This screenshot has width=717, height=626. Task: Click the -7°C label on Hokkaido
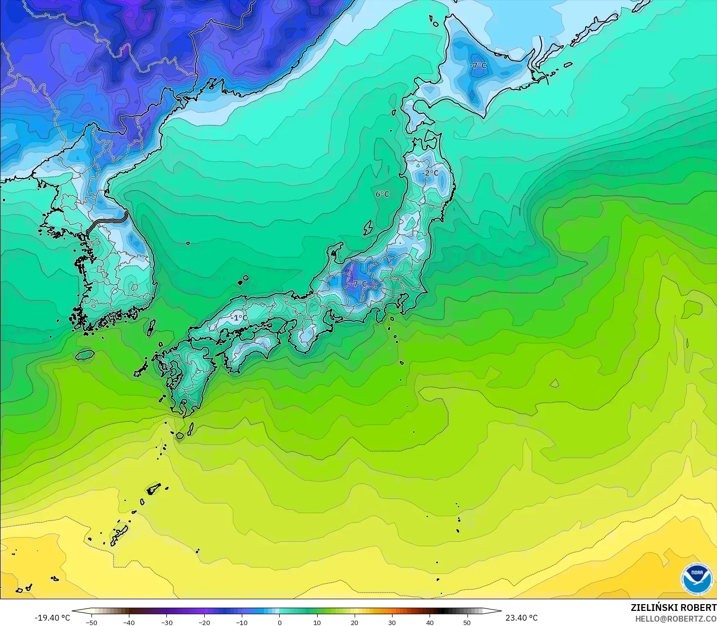(x=478, y=65)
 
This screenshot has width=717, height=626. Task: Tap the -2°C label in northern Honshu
(x=430, y=173)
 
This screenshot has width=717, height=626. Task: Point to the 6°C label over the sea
(x=382, y=194)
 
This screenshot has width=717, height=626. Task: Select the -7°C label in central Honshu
(x=359, y=284)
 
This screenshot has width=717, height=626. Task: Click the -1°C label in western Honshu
(x=238, y=318)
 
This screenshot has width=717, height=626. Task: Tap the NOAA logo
(x=697, y=579)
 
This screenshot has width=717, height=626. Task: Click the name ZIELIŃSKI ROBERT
(x=673, y=608)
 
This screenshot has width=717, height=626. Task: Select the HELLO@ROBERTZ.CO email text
(x=676, y=618)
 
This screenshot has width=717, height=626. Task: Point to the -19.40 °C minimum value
(x=52, y=618)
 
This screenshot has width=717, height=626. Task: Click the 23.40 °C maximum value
(x=521, y=618)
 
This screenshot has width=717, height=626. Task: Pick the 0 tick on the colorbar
(x=279, y=622)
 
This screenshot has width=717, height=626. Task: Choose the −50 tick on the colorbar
(x=91, y=622)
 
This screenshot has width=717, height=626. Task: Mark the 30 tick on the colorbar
(x=392, y=622)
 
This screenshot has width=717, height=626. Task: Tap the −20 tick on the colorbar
(x=204, y=622)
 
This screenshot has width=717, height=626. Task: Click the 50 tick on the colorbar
(x=467, y=622)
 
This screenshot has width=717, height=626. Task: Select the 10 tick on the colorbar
(x=317, y=622)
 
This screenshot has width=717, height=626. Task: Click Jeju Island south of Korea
(x=85, y=355)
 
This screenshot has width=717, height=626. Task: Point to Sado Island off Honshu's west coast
(x=368, y=227)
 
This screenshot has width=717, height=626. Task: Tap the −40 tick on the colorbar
(x=129, y=622)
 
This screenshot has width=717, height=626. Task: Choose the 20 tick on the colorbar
(x=355, y=622)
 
